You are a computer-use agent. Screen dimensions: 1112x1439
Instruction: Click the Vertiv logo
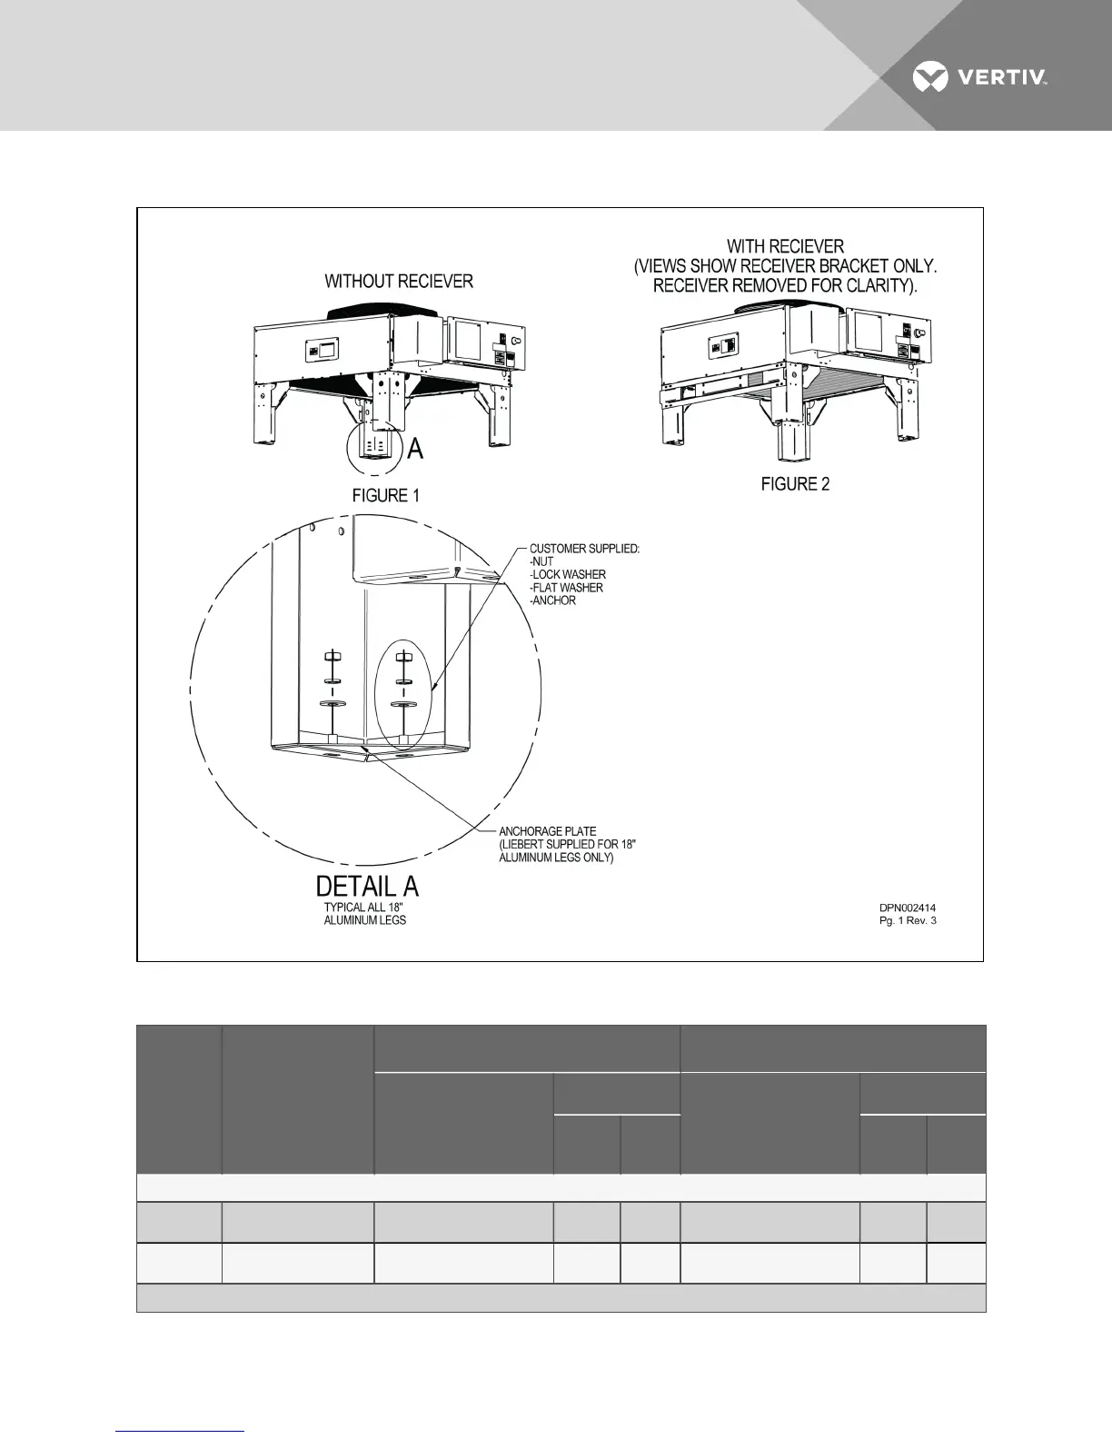click(x=978, y=77)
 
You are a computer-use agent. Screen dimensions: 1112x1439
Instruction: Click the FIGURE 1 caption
click(x=385, y=495)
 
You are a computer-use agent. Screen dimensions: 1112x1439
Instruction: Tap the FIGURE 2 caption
click(x=795, y=484)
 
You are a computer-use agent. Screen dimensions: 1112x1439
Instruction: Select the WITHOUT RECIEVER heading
click(x=399, y=282)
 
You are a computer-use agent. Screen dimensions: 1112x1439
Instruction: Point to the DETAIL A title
click(x=367, y=886)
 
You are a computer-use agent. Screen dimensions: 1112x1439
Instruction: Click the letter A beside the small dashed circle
click(x=414, y=449)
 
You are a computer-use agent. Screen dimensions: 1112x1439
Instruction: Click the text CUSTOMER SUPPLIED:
click(x=585, y=549)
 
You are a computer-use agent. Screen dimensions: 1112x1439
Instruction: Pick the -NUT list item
click(x=541, y=561)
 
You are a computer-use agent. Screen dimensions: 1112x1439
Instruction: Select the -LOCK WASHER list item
click(x=568, y=575)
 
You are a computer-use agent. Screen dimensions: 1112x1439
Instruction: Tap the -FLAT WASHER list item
click(x=567, y=588)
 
